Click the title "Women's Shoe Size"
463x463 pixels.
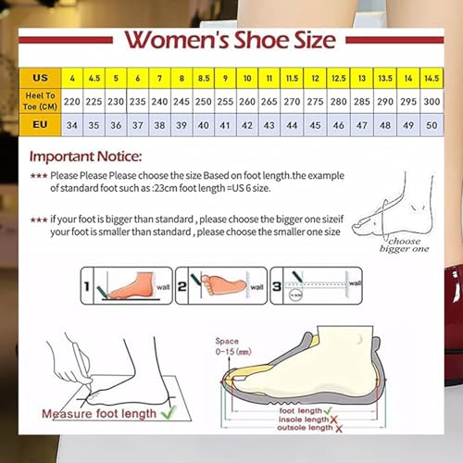231,41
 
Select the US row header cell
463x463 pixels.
42,78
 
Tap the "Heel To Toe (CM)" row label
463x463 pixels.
42,100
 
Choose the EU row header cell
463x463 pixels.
42,123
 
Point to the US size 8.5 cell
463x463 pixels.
203,78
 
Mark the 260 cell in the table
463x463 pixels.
248,100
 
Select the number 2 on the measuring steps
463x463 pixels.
183,286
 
